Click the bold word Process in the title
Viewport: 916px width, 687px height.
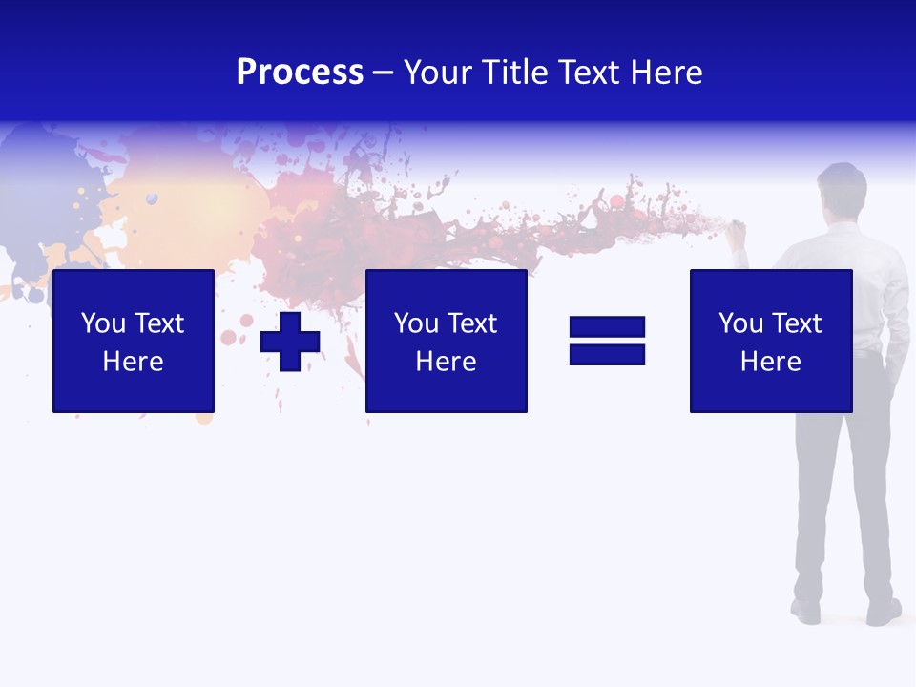point(300,73)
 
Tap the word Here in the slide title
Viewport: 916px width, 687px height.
point(664,73)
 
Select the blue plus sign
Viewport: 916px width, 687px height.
point(290,342)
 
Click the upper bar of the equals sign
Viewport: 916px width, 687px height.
point(607,327)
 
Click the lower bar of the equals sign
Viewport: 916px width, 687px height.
point(607,355)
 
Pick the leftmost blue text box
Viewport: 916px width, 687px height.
point(134,341)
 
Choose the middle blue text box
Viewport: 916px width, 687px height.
point(447,341)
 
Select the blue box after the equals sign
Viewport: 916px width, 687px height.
point(771,341)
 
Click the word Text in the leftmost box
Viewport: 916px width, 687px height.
point(158,323)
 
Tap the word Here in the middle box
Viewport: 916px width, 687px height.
point(447,362)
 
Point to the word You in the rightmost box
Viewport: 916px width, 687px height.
point(740,323)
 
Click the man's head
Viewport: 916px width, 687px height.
point(842,187)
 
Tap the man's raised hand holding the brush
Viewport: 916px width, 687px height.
point(738,232)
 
